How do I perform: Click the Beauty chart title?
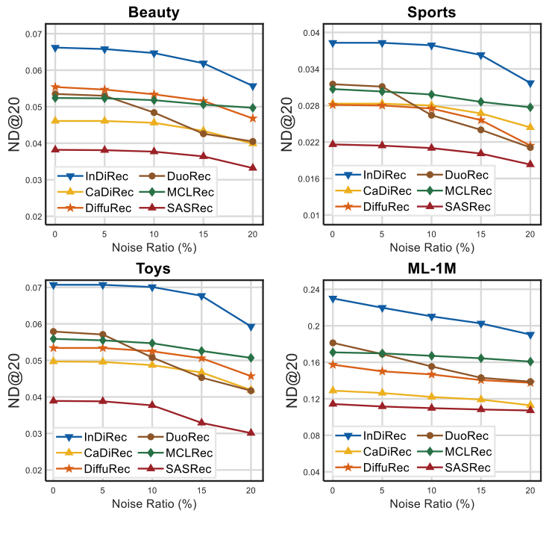154,13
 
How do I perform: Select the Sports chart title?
431,13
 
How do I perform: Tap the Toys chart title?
154,269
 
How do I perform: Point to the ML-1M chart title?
431,269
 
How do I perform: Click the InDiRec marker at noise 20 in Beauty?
253,87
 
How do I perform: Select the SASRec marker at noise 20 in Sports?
530,164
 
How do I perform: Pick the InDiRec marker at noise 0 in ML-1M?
332,299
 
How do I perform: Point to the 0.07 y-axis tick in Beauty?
33,34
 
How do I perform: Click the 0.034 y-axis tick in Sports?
309,69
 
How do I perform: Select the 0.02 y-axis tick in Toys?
33,471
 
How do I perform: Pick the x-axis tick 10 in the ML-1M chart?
431,489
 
